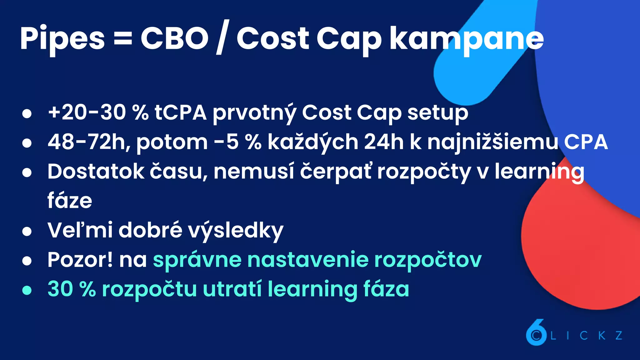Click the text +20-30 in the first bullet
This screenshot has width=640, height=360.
pos(87,112)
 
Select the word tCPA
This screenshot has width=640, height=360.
pos(180,112)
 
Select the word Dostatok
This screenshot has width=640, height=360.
pos(96,172)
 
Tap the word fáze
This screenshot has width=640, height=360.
pos(70,201)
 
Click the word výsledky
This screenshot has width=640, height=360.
pos(235,231)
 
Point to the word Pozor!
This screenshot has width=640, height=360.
pos(80,260)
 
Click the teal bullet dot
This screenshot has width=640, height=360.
pos(27,290)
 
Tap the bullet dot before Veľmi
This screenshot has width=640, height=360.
pos(27,231)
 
